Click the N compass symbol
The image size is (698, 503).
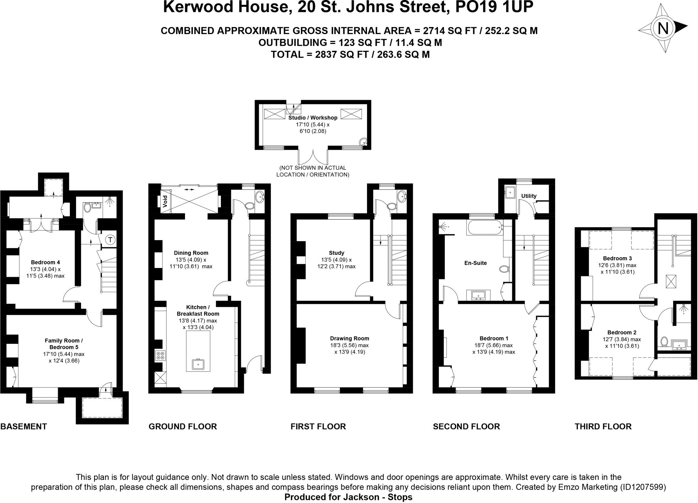(663, 28)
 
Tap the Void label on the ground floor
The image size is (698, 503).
(165, 201)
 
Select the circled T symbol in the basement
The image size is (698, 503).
(110, 240)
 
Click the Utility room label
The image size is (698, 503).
(529, 196)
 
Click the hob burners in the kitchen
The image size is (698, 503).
(160, 356)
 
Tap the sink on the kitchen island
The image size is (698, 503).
(198, 364)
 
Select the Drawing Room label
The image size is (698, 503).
(349, 338)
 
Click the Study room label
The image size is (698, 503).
(336, 253)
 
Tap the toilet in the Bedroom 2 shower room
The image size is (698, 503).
(664, 341)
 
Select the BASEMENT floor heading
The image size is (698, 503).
(24, 426)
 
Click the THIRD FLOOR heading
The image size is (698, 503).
(603, 426)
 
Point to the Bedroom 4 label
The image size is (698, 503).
(45, 262)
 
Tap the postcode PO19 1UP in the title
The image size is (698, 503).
(494, 7)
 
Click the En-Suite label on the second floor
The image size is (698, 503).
(475, 263)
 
